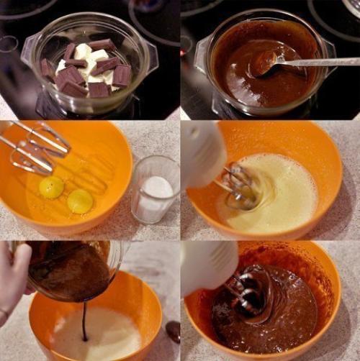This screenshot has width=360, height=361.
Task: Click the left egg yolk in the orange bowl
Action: point(51,187)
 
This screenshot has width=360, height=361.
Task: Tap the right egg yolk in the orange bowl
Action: point(80,201)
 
